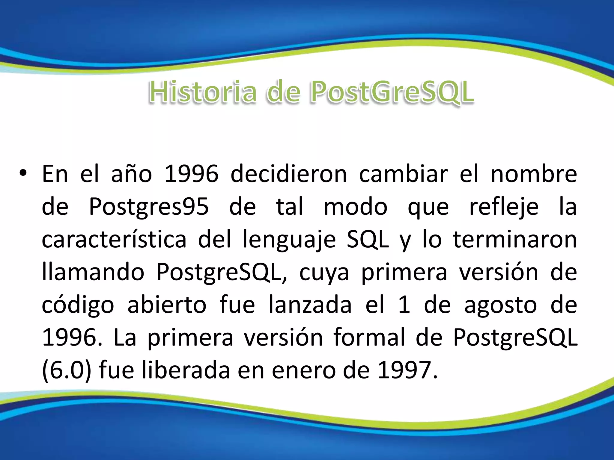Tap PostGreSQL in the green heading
(392, 92)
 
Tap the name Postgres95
(149, 207)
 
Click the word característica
(114, 240)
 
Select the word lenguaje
(289, 240)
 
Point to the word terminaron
(515, 240)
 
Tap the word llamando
(93, 272)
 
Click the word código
(78, 305)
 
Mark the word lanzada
(310, 305)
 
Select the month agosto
(500, 305)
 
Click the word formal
(369, 338)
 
